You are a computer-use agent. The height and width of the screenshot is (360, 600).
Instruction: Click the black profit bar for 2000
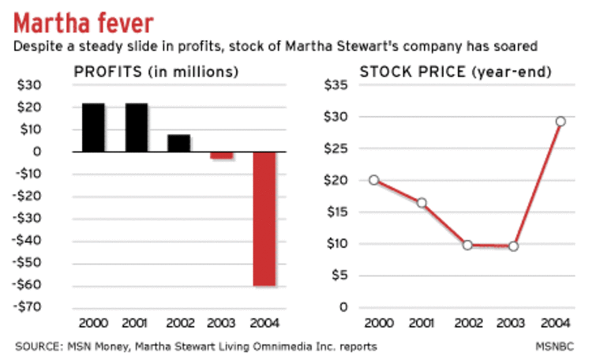(93, 127)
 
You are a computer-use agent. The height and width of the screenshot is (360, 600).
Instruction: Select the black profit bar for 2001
(136, 127)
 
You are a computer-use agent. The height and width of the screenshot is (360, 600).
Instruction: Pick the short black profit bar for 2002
(178, 143)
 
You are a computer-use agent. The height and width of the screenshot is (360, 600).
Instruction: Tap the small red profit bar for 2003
(222, 155)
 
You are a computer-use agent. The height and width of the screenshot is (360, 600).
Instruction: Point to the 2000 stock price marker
(374, 180)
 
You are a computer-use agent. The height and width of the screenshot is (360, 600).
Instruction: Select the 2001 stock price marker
(422, 203)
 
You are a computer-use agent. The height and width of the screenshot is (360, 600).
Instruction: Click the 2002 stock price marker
(467, 245)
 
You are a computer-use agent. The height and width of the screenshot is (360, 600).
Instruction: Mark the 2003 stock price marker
(514, 246)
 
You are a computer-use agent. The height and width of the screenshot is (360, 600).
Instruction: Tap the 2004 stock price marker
(561, 122)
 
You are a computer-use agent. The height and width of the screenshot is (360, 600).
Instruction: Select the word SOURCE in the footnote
(39, 346)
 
